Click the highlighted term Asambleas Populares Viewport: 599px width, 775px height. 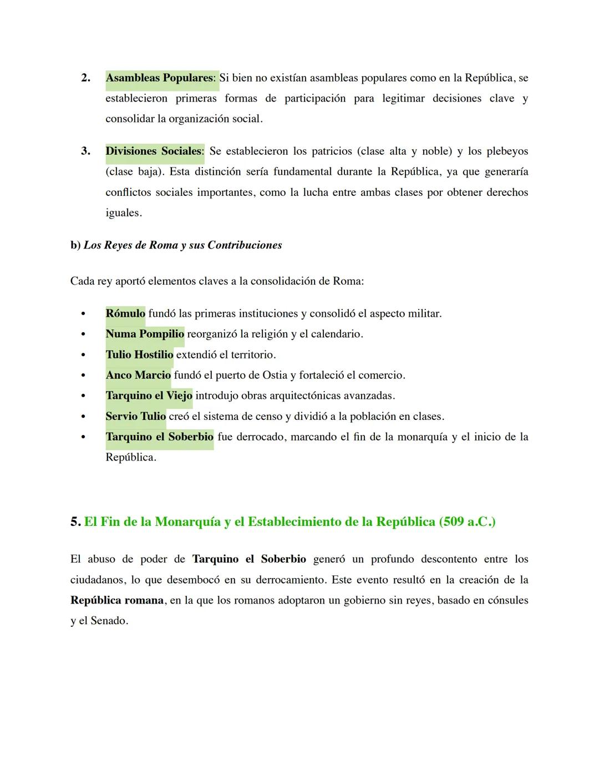tap(159, 78)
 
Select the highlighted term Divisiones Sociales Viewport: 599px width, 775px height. tap(154, 151)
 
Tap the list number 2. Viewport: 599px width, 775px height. tap(85, 78)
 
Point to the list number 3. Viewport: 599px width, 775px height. tap(85, 151)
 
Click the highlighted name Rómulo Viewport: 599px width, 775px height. tap(125, 314)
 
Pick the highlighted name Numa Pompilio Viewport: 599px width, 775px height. tap(145, 335)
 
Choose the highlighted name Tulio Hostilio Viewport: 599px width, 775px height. tap(139, 355)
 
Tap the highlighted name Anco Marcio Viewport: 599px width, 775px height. tap(138, 376)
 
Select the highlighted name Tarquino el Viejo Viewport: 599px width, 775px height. tap(149, 396)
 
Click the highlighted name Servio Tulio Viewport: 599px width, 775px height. tap(135, 417)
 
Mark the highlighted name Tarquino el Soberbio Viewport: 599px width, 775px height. tap(159, 437)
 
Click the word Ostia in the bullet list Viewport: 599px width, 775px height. tap(275, 376)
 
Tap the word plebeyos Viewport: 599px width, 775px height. tap(507, 151)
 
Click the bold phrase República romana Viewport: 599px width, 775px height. tap(117, 601)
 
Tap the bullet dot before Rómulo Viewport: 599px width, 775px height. tap(83, 315)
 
